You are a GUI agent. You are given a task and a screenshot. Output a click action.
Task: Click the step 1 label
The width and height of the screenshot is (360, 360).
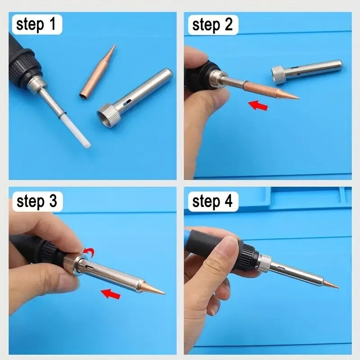36,24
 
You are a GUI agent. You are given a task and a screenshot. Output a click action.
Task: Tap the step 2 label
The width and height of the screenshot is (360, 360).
212,24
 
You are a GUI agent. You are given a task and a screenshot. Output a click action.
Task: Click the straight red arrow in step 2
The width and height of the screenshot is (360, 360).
258,106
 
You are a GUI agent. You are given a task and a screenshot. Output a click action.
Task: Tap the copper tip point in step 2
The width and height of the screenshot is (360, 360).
295,97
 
